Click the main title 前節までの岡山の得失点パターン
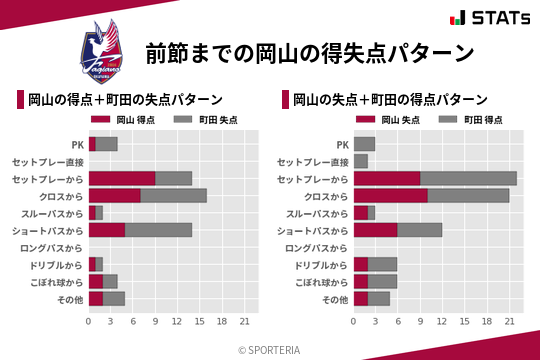click(x=309, y=52)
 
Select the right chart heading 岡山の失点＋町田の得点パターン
click(x=390, y=100)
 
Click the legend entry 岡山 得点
click(x=117, y=120)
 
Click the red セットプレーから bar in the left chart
click(x=122, y=178)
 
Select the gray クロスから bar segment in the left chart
click(x=173, y=195)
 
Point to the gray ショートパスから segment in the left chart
click(x=159, y=230)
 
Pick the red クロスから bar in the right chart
click(x=390, y=195)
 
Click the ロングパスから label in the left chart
click(x=54, y=247)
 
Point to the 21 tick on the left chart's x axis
click(x=244, y=322)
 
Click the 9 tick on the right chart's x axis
click(x=420, y=322)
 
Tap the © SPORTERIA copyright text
click(x=270, y=349)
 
